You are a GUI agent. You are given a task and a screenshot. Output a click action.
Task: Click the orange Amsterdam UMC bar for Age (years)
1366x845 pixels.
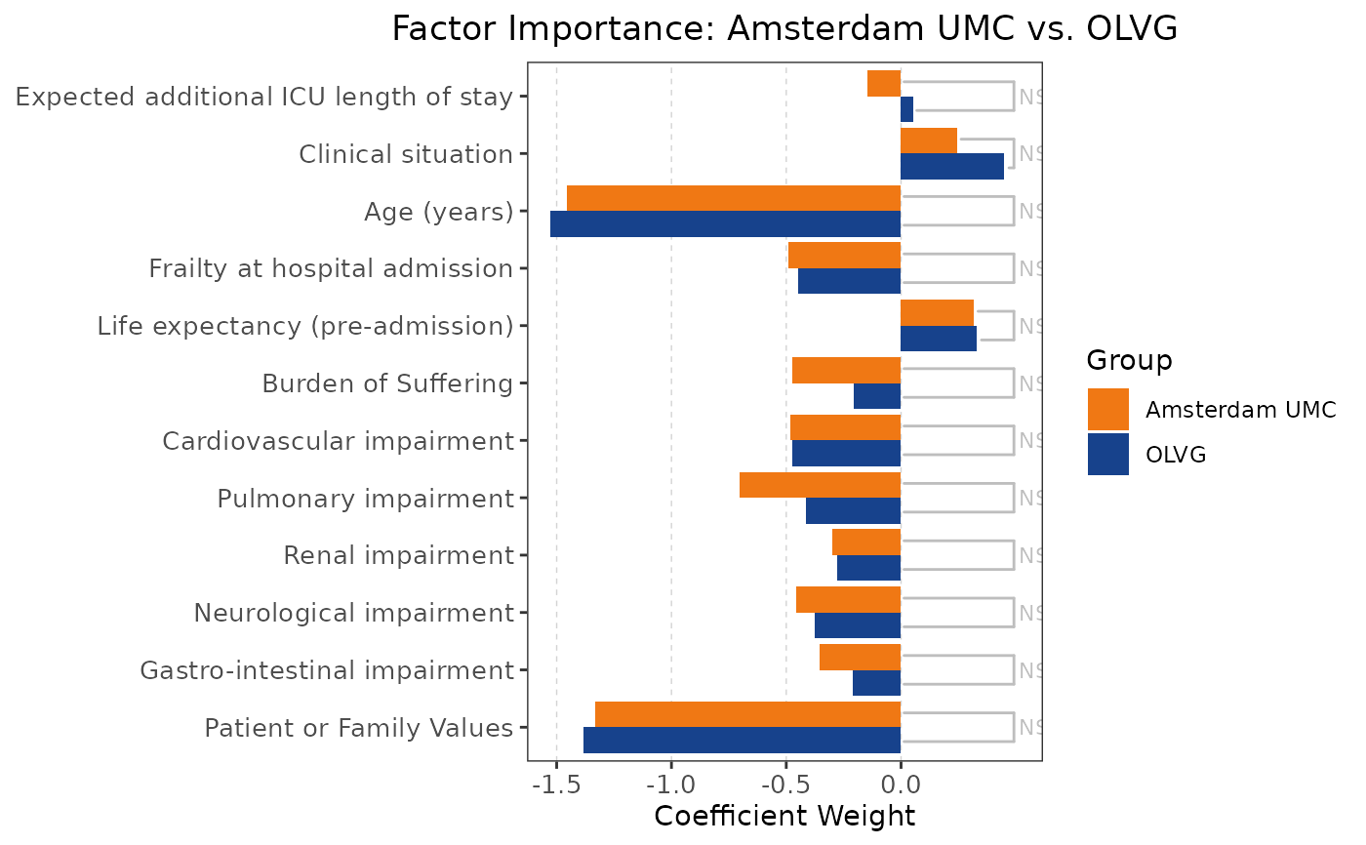click(x=734, y=198)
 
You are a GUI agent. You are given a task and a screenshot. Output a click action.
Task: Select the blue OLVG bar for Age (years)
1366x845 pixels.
click(x=725, y=224)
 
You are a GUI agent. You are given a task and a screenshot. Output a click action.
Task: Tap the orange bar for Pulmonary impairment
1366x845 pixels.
click(x=820, y=485)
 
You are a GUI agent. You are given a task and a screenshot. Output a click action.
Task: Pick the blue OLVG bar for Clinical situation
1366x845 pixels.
click(x=951, y=167)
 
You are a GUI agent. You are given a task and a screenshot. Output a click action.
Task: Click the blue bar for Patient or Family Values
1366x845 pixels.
click(x=742, y=741)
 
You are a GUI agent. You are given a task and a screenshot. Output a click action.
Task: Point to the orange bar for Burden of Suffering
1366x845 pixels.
click(x=846, y=370)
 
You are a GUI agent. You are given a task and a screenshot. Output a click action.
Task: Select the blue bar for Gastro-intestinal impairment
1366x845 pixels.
click(x=876, y=683)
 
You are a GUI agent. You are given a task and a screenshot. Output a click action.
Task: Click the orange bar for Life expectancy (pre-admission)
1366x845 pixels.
click(x=937, y=312)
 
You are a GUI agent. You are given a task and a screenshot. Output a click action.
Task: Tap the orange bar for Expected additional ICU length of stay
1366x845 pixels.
click(x=883, y=84)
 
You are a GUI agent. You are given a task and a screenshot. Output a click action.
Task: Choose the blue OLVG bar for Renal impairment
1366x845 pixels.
click(x=868, y=568)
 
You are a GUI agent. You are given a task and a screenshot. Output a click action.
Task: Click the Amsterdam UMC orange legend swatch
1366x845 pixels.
click(x=1108, y=409)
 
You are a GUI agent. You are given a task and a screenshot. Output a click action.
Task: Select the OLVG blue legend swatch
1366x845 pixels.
click(x=1108, y=455)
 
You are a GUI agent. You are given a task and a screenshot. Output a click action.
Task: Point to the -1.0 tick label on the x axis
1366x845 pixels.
click(x=671, y=785)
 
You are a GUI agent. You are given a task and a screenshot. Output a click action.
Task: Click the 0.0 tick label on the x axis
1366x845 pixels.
click(x=901, y=785)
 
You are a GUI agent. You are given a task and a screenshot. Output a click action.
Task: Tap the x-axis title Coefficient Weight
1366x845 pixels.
click(x=784, y=816)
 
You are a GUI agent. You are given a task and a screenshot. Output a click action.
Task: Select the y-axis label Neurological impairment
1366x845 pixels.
click(x=353, y=613)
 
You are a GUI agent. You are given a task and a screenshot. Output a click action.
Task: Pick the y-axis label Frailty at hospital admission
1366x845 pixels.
click(x=331, y=268)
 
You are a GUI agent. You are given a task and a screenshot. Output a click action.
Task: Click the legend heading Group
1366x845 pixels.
click(x=1130, y=360)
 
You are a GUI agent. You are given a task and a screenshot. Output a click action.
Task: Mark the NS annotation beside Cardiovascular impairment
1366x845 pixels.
click(x=1030, y=441)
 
